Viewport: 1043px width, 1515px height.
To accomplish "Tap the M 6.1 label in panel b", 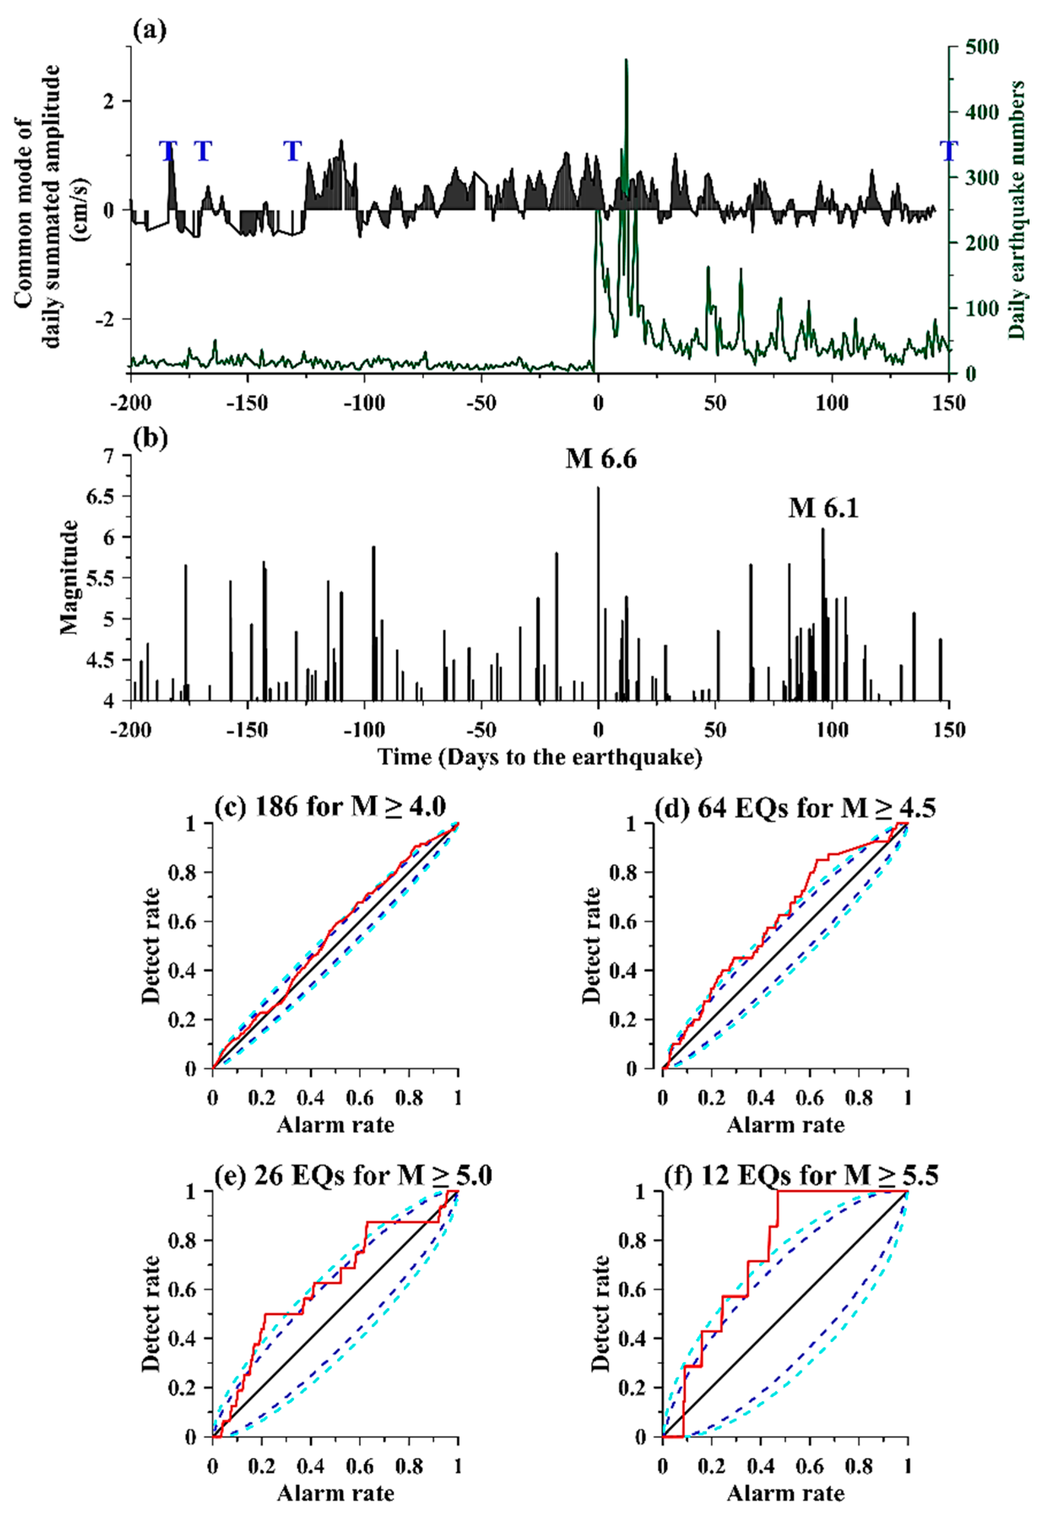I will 823,508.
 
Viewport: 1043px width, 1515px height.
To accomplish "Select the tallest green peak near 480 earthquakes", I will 626,60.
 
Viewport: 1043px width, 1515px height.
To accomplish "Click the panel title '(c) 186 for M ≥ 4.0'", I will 330,807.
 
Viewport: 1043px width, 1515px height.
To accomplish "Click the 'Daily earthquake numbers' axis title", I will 1017,209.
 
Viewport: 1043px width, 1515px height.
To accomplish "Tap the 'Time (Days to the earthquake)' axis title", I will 540,757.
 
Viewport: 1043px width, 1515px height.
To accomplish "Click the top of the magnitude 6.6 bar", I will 598,488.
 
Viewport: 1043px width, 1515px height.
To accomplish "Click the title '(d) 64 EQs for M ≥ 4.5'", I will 794,807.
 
